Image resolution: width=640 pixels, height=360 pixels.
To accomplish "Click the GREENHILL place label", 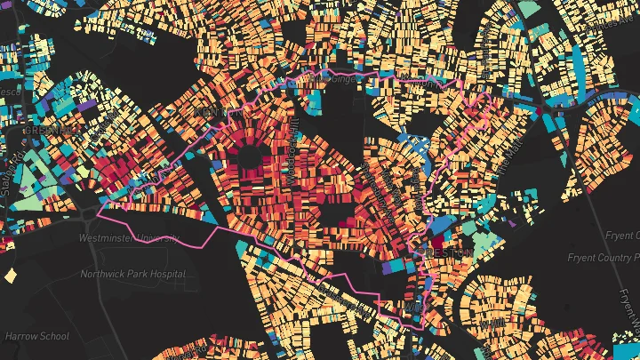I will point(52,130).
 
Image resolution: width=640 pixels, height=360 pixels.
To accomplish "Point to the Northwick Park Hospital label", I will point(133,274).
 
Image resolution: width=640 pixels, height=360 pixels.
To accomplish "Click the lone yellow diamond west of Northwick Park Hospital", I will point(10,276).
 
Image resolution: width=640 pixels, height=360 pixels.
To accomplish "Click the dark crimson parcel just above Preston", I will point(439,238).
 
